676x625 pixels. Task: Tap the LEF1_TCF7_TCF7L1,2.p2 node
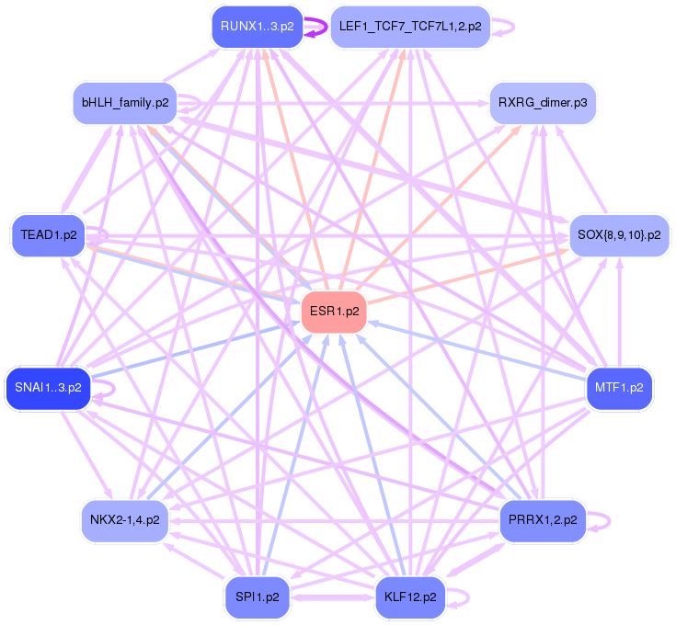pyautogui.click(x=409, y=27)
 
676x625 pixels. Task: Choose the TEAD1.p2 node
pyautogui.click(x=48, y=235)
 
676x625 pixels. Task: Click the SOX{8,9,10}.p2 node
pyautogui.click(x=619, y=235)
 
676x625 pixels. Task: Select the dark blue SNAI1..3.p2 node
pyautogui.click(x=48, y=387)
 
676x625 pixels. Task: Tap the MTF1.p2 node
pyautogui.click(x=619, y=387)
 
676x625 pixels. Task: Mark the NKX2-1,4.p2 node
pyautogui.click(x=124, y=519)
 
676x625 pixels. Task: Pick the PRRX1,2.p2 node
pyautogui.click(x=543, y=519)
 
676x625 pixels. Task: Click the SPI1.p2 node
pyautogui.click(x=257, y=597)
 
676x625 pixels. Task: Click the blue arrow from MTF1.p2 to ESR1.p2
pyautogui.click(x=478, y=349)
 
